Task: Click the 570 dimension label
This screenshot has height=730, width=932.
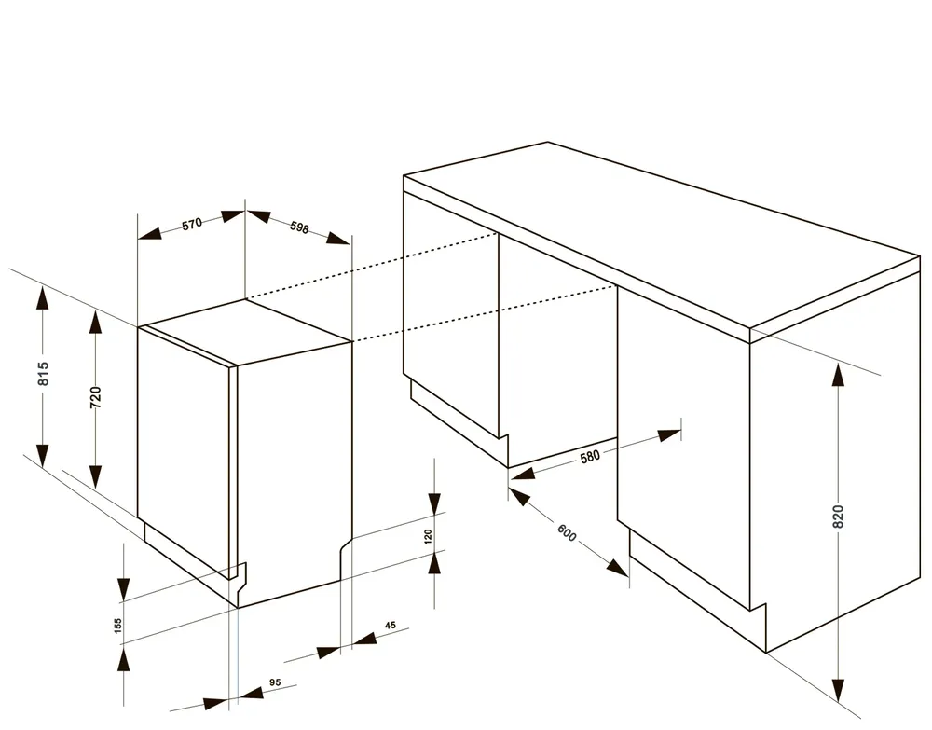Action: (x=193, y=224)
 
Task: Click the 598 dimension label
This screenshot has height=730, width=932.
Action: (x=299, y=227)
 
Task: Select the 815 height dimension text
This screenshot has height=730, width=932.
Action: (x=44, y=373)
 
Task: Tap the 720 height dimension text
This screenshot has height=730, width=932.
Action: (x=96, y=397)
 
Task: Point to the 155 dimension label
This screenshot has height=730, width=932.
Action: (x=117, y=626)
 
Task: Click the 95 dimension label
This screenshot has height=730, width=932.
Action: (x=275, y=682)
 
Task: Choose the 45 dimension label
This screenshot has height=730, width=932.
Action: (x=390, y=626)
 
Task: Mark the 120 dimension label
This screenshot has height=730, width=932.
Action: (x=428, y=537)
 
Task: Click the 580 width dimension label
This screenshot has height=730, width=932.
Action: (x=590, y=457)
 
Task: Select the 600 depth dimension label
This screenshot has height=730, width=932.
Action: (x=567, y=532)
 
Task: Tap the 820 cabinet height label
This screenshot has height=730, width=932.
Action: (x=838, y=517)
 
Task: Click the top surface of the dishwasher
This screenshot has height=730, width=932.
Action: (x=247, y=331)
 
